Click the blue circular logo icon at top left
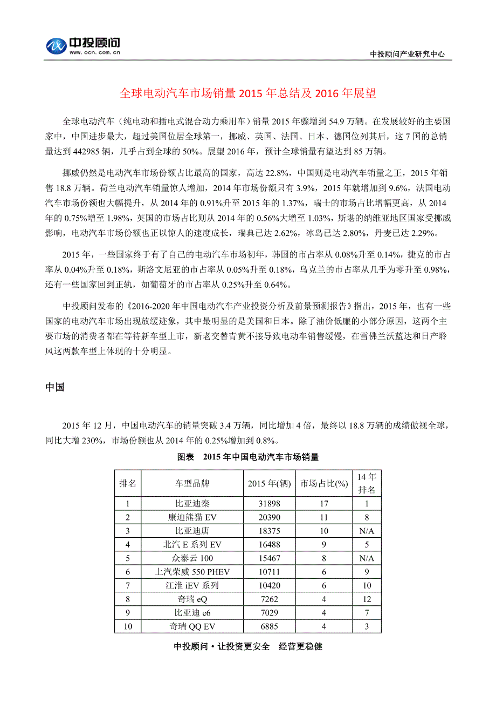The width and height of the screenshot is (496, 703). click(56, 46)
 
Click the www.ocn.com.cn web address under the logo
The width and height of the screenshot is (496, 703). click(94, 53)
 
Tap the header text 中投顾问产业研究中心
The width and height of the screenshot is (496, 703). click(407, 54)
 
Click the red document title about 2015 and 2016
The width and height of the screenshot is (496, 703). click(247, 93)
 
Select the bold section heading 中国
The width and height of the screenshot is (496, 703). click(55, 387)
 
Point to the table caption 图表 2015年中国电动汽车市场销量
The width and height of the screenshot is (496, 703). click(248, 457)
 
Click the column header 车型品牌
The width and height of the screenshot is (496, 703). click(192, 483)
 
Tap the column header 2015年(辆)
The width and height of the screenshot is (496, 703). click(269, 483)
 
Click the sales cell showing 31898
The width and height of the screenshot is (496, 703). click(269, 504)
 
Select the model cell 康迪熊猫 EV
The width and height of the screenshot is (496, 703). click(192, 517)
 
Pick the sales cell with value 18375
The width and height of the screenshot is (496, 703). click(269, 531)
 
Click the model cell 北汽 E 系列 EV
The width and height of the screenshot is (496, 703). click(192, 544)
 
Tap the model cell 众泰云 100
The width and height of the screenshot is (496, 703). click(192, 558)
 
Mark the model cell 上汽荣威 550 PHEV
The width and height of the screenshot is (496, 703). click(192, 572)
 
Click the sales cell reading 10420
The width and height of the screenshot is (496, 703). click(269, 585)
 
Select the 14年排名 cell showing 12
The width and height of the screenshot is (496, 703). click(367, 599)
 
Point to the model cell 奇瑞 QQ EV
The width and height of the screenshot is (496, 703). click(192, 626)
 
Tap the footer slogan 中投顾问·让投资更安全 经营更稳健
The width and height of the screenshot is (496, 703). click(248, 646)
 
